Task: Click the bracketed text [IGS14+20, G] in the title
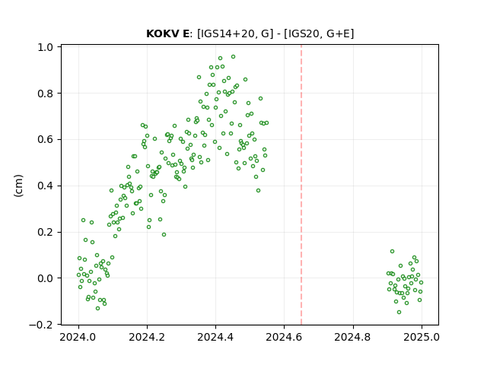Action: click(235, 33)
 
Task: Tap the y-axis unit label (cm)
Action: click(18, 186)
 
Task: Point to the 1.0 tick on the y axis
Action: click(46, 47)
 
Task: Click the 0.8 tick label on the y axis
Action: click(46, 94)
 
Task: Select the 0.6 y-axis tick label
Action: click(46, 140)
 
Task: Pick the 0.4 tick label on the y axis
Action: click(46, 186)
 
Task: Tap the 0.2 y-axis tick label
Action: click(46, 232)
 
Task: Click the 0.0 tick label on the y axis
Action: click(46, 278)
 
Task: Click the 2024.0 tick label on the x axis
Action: click(78, 337)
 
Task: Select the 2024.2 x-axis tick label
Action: click(147, 337)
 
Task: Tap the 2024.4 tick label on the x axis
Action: click(215, 337)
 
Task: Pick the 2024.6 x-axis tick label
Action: click(284, 337)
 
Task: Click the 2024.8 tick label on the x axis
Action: click(353, 337)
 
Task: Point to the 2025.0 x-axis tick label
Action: click(422, 337)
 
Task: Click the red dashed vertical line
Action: click(301, 185)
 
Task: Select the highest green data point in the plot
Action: click(234, 57)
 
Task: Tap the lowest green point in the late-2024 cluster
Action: click(399, 313)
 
